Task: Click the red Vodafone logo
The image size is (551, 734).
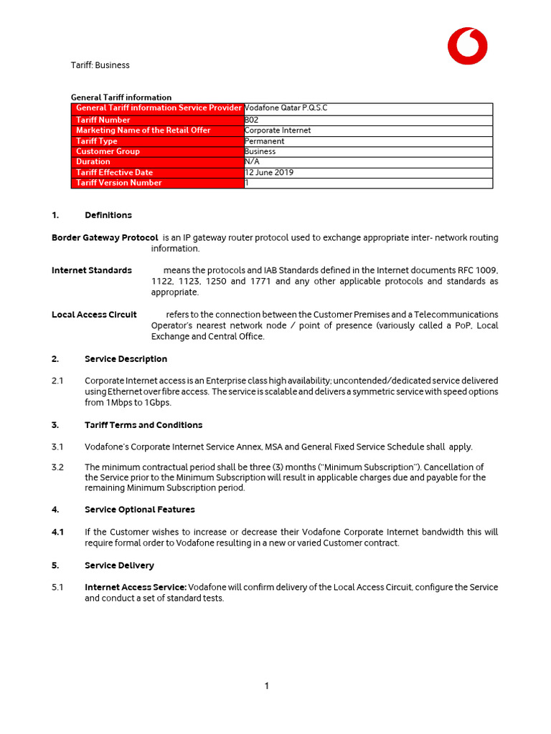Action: point(467,46)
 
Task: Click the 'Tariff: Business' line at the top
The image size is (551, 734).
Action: point(100,65)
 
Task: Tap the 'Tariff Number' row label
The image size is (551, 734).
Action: point(103,120)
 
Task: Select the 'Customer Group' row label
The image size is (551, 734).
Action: point(108,151)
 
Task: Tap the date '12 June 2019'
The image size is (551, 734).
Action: point(269,172)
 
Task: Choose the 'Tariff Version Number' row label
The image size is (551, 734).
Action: point(119,183)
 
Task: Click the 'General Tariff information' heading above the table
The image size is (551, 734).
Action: point(121,97)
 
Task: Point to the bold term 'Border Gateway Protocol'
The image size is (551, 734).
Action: point(105,237)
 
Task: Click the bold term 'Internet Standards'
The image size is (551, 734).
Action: point(92,270)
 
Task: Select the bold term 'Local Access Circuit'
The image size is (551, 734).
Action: point(94,315)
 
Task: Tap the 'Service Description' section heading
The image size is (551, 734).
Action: point(126,359)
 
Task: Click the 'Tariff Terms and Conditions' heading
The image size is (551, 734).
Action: point(143,425)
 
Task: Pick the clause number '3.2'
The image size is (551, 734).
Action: point(58,467)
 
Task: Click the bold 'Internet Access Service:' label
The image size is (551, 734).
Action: point(136,587)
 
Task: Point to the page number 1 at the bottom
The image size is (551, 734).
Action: point(267,686)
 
